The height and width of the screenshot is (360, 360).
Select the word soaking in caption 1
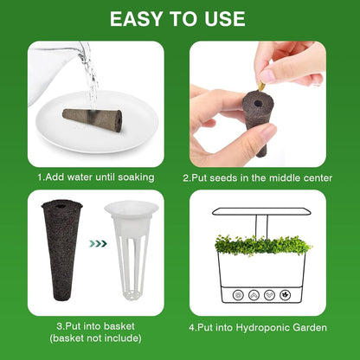pyautogui.click(x=134, y=177)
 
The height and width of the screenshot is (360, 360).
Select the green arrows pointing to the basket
pyautogui.click(x=98, y=243)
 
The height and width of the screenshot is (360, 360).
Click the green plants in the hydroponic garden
pyautogui.click(x=260, y=244)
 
